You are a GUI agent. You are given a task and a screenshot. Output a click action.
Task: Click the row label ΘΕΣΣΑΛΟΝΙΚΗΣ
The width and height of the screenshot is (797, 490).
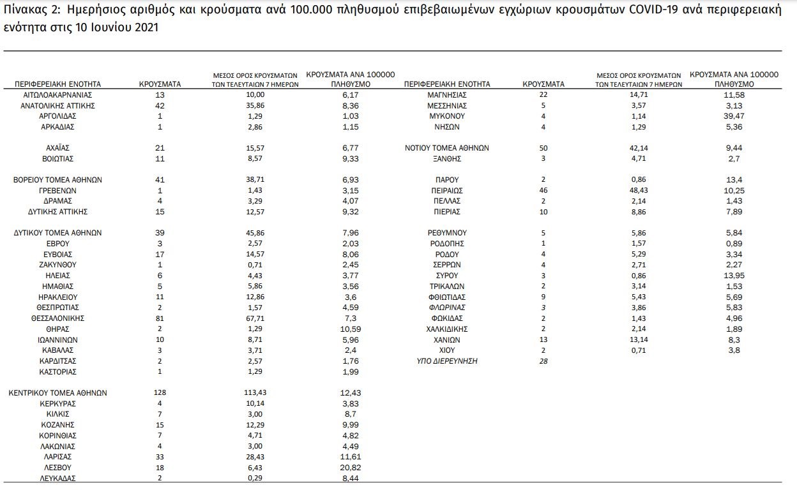point(57,318)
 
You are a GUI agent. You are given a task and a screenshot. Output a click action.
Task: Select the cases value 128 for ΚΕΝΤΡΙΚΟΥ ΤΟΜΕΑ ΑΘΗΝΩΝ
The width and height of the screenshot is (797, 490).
point(160,393)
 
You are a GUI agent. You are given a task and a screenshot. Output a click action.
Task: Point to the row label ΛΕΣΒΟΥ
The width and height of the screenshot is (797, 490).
point(57,468)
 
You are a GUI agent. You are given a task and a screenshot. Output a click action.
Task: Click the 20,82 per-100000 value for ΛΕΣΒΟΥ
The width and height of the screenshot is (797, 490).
point(351,468)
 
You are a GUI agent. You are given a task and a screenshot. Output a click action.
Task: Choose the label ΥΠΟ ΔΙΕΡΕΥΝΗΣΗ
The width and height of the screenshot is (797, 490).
point(447,361)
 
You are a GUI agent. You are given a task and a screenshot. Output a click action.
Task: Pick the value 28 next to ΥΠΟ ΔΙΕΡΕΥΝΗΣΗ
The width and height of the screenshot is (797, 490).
point(543,361)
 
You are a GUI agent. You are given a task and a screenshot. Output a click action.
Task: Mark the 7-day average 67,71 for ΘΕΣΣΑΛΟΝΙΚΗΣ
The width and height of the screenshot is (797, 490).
point(255,318)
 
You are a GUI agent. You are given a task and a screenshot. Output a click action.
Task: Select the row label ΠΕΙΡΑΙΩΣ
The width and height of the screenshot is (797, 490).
point(447,191)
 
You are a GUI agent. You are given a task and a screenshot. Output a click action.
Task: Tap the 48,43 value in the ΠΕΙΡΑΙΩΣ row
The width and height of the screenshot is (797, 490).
point(639,191)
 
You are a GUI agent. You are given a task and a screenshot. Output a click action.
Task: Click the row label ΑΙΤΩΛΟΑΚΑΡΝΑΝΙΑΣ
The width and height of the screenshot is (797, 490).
point(57,95)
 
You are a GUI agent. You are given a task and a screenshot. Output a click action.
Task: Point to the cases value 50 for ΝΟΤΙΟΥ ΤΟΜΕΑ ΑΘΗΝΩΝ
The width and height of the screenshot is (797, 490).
point(543,148)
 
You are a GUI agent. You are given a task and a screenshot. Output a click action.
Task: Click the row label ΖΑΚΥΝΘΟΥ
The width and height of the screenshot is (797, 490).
point(57,265)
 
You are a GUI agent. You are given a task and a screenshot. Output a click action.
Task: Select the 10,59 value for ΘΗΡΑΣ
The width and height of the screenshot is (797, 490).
point(351,329)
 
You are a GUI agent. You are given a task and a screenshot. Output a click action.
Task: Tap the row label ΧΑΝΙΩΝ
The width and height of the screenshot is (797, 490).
point(447,340)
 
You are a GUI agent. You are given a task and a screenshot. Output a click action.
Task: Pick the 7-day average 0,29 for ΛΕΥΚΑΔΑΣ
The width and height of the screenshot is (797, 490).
point(255,479)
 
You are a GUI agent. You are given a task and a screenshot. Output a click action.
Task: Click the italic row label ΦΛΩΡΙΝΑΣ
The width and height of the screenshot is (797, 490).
point(447,308)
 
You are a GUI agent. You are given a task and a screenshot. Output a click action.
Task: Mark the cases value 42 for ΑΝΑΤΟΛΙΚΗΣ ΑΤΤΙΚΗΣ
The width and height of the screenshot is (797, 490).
point(160,106)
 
